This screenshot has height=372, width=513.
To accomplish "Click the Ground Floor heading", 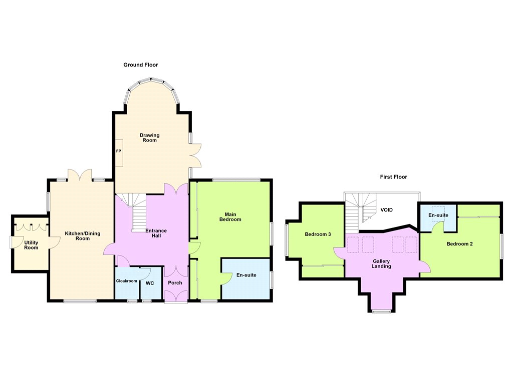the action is click(141, 64).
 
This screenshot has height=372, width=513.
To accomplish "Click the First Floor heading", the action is click(394, 176).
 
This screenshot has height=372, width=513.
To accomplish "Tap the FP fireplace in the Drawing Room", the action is click(119, 152).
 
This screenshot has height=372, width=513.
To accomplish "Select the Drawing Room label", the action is click(149, 137).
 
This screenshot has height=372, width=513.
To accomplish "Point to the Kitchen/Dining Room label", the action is click(83, 236).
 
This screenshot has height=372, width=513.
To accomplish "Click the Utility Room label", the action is click(31, 245).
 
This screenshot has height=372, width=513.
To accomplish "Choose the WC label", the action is click(150, 283).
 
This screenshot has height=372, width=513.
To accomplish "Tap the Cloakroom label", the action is click(127, 281).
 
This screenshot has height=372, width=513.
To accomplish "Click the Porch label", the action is click(175, 283).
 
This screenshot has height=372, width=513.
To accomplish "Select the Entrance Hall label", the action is click(156, 233).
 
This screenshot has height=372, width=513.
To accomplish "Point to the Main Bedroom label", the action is click(230, 217).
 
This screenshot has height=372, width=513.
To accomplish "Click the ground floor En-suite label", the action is click(246, 275).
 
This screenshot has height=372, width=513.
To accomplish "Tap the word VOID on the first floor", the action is click(386, 209).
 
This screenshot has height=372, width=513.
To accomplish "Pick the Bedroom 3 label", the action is click(318, 234).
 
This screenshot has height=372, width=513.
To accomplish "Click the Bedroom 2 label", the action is click(460, 243).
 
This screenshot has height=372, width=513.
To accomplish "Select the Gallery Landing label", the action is click(381, 263).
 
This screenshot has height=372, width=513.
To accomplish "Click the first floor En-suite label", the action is click(438, 215).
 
